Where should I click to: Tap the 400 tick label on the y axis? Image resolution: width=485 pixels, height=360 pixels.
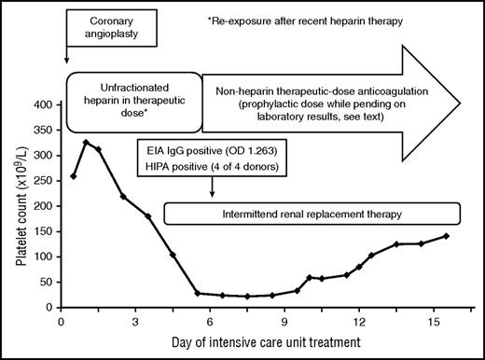[x=42, y=104]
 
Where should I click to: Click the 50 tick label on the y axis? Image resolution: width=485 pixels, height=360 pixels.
[x=45, y=282]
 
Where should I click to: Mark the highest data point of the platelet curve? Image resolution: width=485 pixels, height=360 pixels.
[x=86, y=143]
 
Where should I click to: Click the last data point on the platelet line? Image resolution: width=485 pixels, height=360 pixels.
[x=446, y=236]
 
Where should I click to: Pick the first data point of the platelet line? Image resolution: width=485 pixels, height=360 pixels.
[x=74, y=176]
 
